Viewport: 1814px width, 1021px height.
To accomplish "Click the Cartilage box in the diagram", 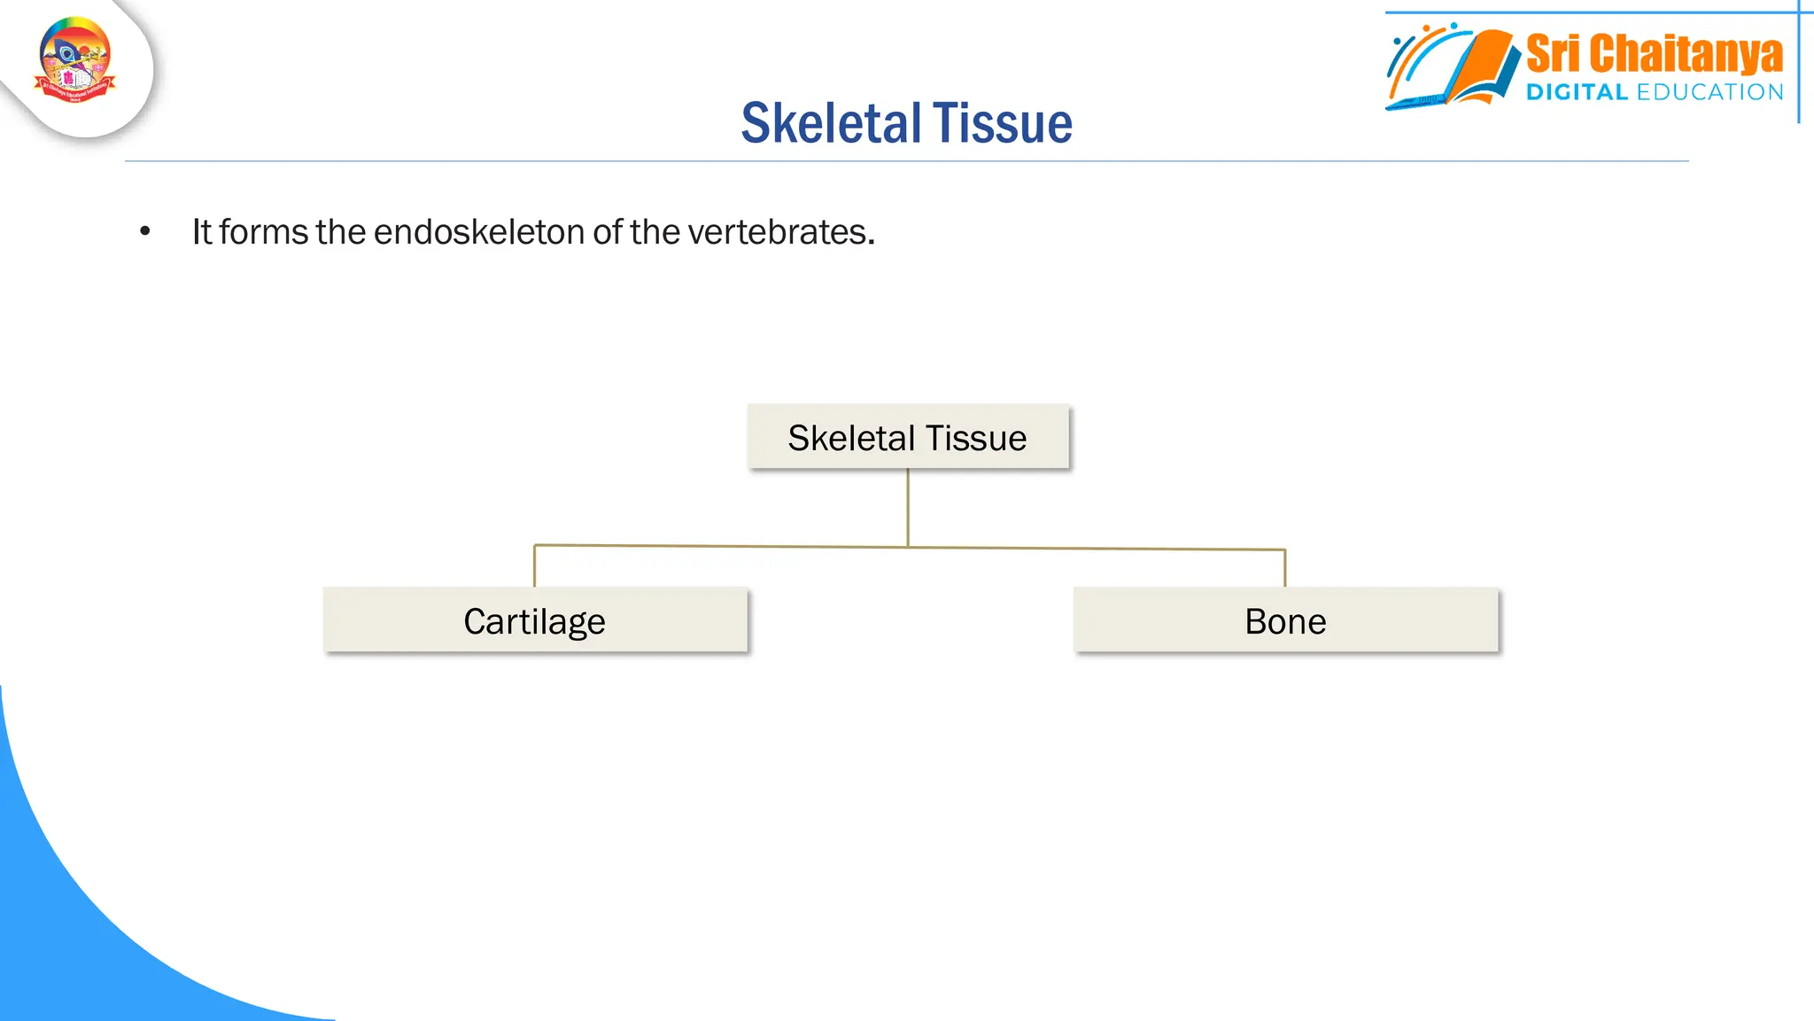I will (535, 620).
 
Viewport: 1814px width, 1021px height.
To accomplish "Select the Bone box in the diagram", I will (1285, 620).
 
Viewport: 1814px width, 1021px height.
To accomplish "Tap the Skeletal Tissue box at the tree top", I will (907, 437).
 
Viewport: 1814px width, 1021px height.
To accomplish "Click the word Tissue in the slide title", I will (1002, 123).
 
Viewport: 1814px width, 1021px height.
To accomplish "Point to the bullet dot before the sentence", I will (145, 232).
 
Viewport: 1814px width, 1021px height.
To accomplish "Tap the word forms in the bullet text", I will (263, 232).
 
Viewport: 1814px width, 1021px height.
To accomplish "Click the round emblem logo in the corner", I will (75, 60).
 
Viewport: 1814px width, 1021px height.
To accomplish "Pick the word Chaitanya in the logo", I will (1686, 54).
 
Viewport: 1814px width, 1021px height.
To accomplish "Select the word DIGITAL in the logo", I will (1577, 92).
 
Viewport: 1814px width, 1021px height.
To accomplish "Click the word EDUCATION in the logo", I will (1709, 92).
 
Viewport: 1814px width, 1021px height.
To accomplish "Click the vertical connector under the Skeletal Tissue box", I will (908, 507).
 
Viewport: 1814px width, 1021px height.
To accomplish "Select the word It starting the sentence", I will (201, 232).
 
